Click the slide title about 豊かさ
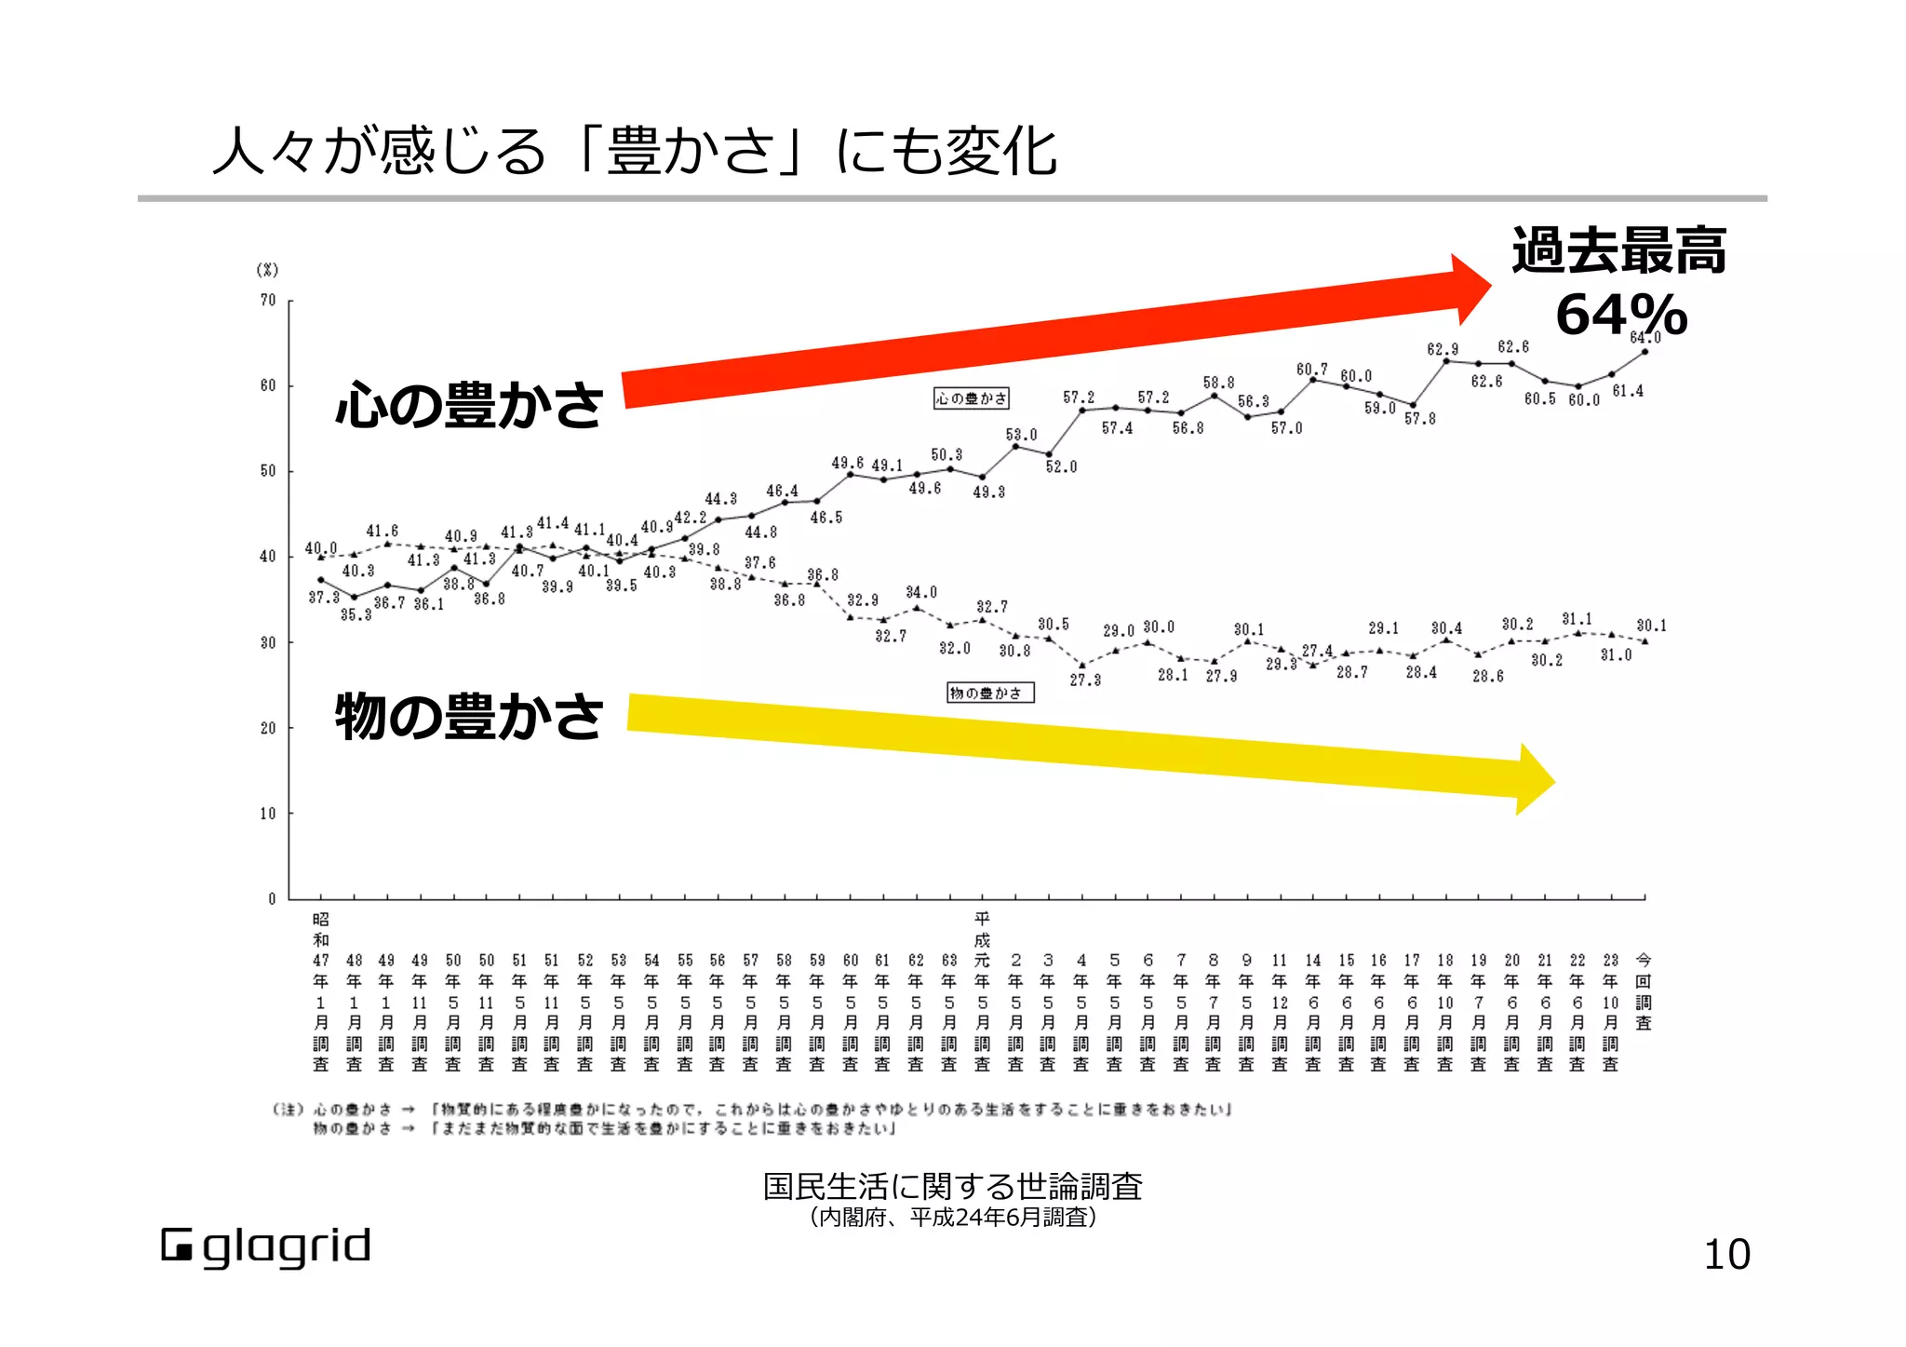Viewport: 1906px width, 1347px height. pyautogui.click(x=635, y=151)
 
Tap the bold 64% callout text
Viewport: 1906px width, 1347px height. pyautogui.click(x=1620, y=315)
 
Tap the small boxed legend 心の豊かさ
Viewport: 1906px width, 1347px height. pyautogui.click(x=971, y=398)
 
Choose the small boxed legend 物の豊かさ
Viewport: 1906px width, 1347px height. pyautogui.click(x=989, y=693)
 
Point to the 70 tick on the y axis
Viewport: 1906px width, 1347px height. pyautogui.click(x=268, y=301)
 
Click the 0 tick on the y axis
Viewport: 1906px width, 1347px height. pyautogui.click(x=272, y=899)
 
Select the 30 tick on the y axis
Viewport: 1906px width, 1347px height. pyautogui.click(x=268, y=642)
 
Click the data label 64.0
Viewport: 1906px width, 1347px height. pyautogui.click(x=1644, y=338)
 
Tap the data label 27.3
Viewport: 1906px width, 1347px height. pyautogui.click(x=1084, y=680)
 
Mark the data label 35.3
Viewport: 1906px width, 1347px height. pyautogui.click(x=356, y=614)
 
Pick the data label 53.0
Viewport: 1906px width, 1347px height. pyautogui.click(x=1020, y=435)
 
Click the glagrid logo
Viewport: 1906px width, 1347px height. pyautogui.click(x=266, y=1247)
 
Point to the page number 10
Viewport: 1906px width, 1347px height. pyautogui.click(x=1726, y=1255)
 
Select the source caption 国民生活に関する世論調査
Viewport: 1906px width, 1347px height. pyautogui.click(x=952, y=1186)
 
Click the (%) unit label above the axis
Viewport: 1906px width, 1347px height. pyautogui.click(x=267, y=270)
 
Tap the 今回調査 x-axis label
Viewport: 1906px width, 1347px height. pyautogui.click(x=1644, y=991)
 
